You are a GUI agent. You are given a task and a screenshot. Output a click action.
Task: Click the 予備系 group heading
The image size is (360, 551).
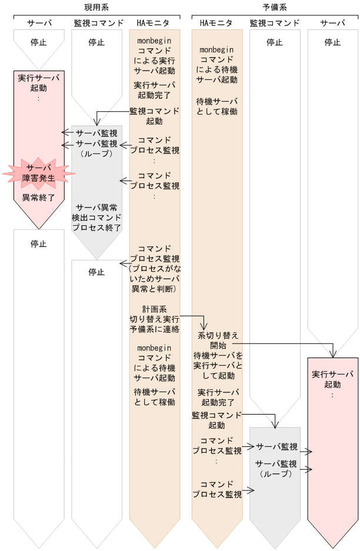pos(275,7)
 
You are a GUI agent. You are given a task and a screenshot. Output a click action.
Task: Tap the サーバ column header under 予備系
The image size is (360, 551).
pos(332,24)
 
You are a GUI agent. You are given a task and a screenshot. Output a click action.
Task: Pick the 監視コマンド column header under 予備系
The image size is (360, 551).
pos(275,24)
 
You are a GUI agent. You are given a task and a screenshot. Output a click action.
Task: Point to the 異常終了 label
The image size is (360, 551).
pos(39,198)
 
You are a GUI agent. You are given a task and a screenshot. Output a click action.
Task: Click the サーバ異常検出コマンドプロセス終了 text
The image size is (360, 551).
pos(96,217)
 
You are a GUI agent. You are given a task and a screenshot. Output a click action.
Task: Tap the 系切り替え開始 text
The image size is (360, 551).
pos(217,340)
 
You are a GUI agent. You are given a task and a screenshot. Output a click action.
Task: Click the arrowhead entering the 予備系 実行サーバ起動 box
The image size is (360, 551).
pos(333,353)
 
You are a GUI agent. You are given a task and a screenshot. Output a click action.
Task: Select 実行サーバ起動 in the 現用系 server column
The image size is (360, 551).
pos(39,82)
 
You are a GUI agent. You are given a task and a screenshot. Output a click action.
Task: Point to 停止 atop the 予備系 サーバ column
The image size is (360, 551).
pos(332,42)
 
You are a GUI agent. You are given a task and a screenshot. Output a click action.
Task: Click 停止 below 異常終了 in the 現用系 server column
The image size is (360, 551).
pos(39,243)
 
